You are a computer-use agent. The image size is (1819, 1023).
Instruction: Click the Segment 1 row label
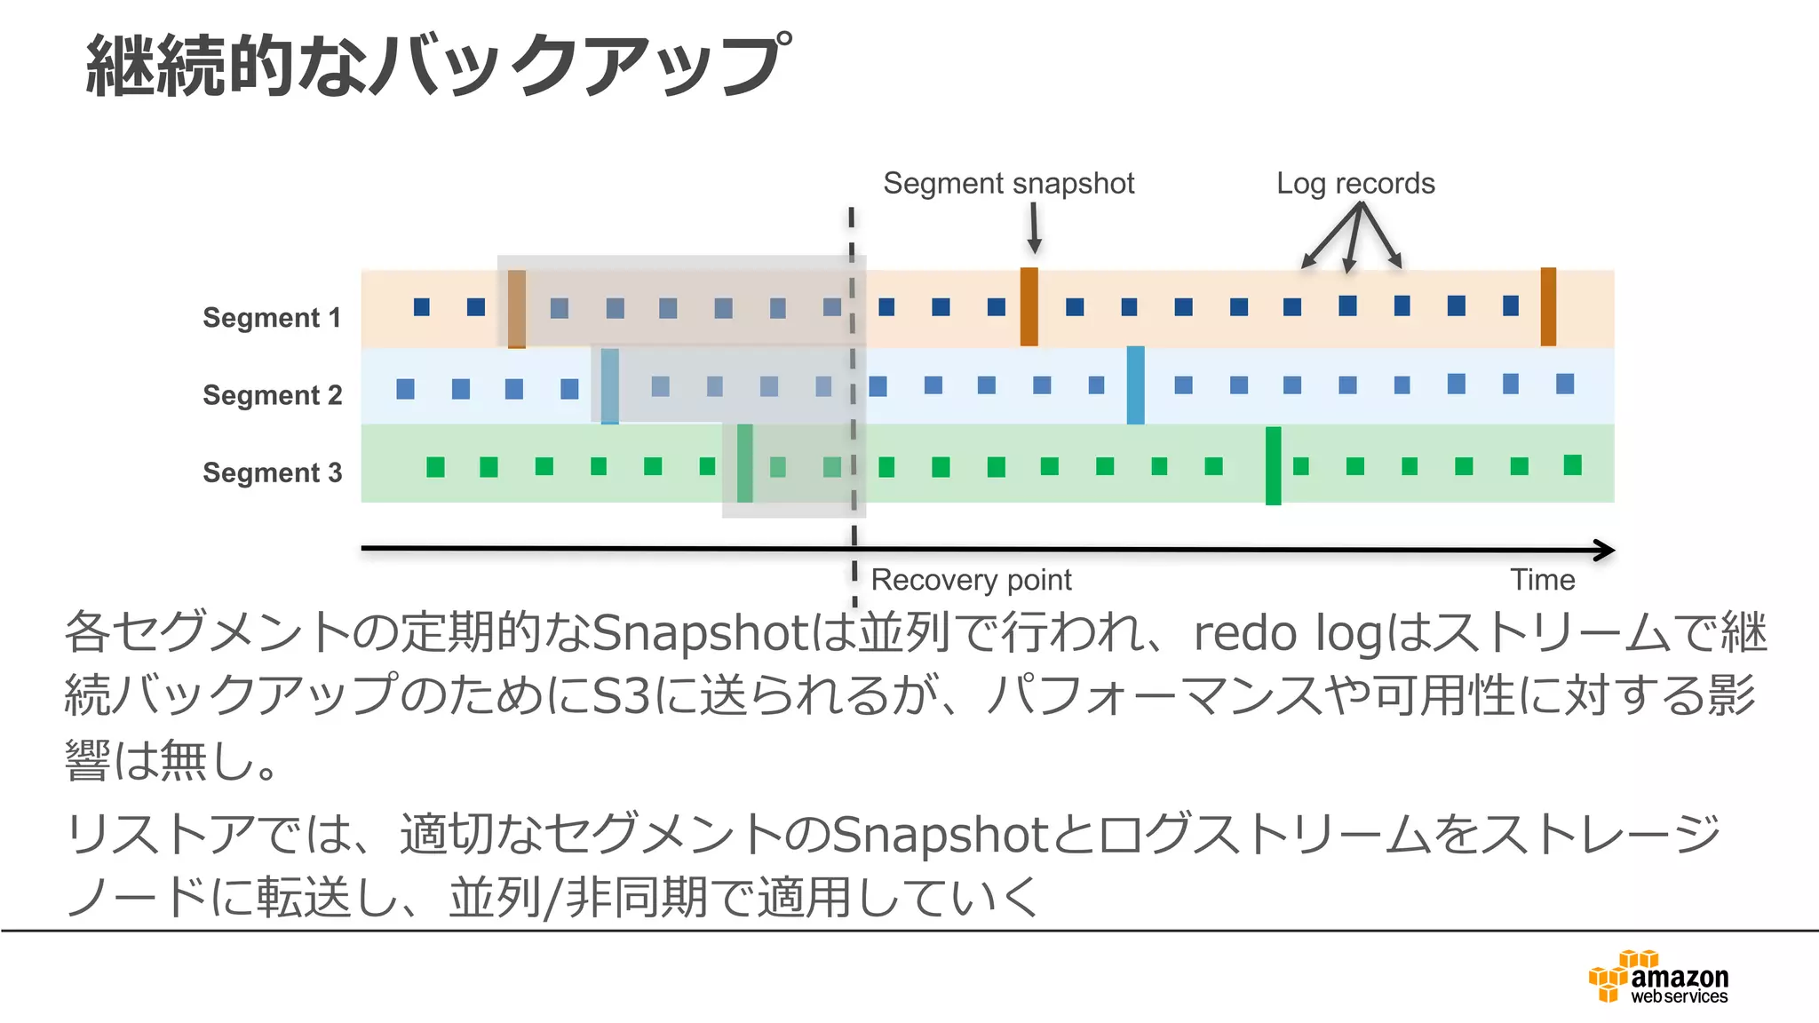272,317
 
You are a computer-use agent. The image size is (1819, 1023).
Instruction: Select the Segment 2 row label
272,394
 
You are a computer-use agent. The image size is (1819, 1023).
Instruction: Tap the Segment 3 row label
272,472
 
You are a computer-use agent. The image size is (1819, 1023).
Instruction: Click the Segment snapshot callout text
1008,183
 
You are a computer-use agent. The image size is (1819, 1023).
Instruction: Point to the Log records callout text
1355,183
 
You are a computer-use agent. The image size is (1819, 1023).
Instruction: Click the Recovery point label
971,580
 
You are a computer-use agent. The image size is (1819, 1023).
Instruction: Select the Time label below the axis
1543,580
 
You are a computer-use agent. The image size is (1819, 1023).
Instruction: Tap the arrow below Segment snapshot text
1034,228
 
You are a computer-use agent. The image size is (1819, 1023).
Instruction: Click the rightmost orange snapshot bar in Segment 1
1548,306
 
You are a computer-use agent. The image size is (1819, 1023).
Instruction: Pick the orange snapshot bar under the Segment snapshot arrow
1029,306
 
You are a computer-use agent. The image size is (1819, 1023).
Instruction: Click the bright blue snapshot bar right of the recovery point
1135,385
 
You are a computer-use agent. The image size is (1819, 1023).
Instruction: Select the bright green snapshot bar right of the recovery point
1273,465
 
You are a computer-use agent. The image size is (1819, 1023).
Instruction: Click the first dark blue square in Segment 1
422,307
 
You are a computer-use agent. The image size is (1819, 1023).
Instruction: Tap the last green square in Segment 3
1572,464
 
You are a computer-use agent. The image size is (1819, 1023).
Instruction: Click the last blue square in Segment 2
1565,384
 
